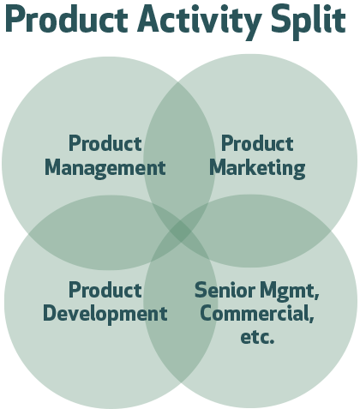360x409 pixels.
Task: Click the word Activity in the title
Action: (x=199, y=21)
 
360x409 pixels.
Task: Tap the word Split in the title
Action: (x=309, y=20)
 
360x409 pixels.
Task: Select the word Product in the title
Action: (x=67, y=19)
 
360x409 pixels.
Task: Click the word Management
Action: (x=105, y=168)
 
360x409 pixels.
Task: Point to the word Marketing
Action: (x=257, y=168)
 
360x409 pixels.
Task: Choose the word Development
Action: (x=105, y=315)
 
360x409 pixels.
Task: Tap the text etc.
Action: (x=257, y=337)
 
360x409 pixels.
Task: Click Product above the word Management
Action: (x=105, y=143)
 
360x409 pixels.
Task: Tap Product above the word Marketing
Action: (x=257, y=143)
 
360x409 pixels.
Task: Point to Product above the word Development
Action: (x=105, y=290)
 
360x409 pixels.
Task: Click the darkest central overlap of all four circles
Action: (x=180, y=232)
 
